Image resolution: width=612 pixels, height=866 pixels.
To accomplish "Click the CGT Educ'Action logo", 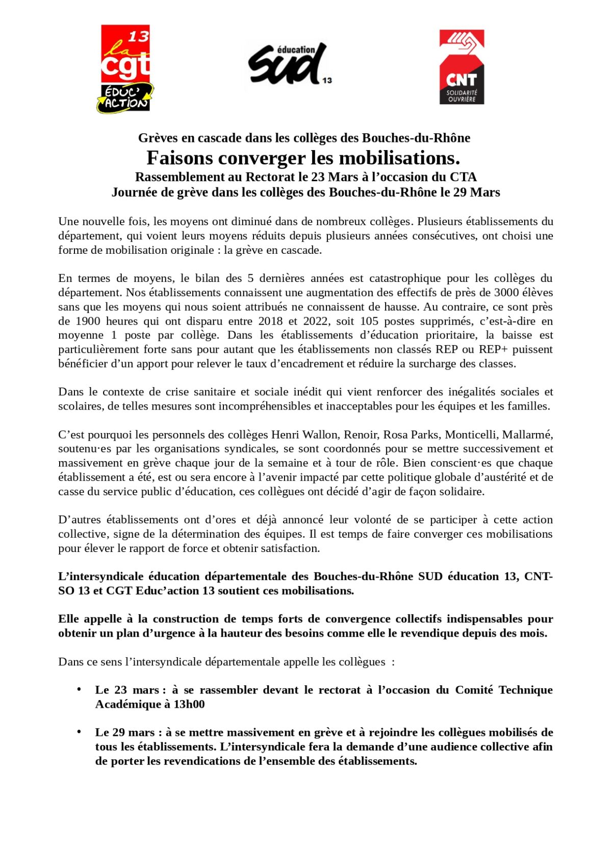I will pos(125,68).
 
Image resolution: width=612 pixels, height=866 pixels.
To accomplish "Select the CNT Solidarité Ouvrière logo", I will pos(462,67).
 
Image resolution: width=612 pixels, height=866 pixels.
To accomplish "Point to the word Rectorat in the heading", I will pos(269,177).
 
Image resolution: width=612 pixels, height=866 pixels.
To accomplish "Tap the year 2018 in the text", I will pos(270,321).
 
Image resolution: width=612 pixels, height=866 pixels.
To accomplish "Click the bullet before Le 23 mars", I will pos(79,689).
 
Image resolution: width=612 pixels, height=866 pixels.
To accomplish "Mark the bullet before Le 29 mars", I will pos(79,732).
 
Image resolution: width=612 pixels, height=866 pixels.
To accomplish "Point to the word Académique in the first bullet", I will pos(127,704).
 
